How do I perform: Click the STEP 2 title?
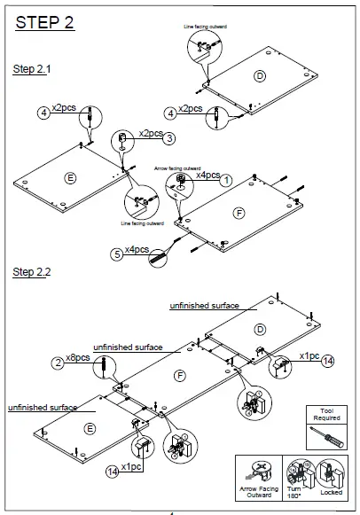[44, 24]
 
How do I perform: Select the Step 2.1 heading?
[32, 69]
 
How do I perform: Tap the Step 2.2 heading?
[32, 271]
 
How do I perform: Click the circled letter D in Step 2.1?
[259, 75]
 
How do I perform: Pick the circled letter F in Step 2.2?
[180, 376]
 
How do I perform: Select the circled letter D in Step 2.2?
[260, 329]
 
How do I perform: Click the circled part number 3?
[169, 137]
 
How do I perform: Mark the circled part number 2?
[58, 363]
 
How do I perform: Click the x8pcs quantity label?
[79, 358]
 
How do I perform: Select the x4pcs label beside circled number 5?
[137, 250]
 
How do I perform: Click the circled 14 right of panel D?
[328, 360]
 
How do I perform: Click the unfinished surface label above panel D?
[204, 306]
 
